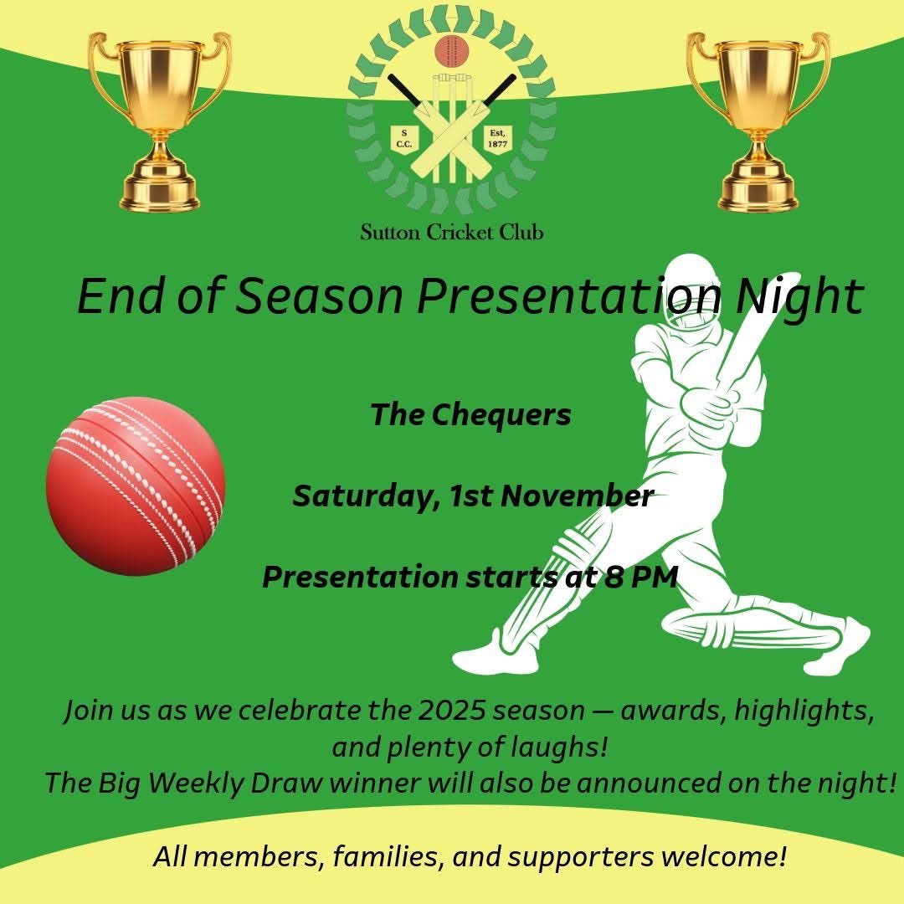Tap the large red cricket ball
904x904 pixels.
click(x=136, y=486)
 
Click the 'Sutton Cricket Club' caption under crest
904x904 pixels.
click(x=452, y=232)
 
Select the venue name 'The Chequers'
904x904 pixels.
click(x=471, y=414)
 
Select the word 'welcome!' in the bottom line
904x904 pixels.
click(x=717, y=857)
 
